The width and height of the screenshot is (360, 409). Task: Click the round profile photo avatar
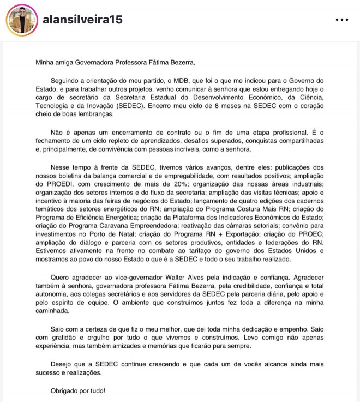pyautogui.click(x=22, y=20)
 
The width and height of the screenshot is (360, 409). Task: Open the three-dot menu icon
pyautogui.click(x=341, y=20)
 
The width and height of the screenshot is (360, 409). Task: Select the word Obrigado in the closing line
pyautogui.click(x=65, y=391)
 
